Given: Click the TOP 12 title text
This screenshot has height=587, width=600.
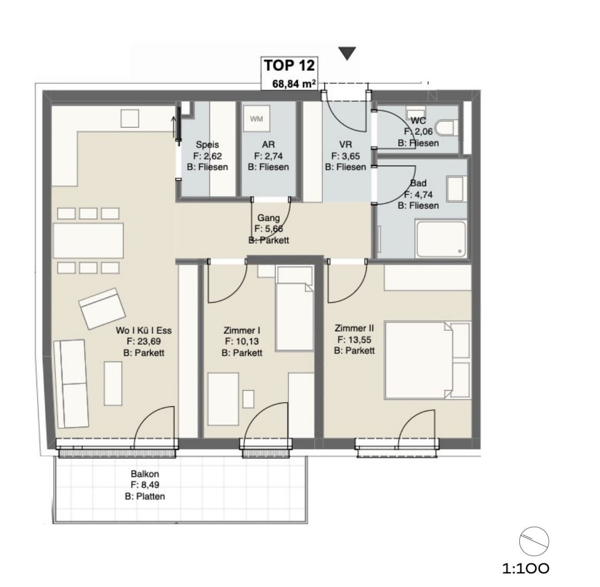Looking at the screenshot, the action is coord(289,66).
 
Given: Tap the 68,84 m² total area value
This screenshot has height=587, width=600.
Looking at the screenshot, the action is coord(294,83).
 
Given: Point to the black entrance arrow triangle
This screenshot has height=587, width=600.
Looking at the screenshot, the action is coord(347,53).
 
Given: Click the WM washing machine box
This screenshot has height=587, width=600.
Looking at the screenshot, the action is coord(256,119).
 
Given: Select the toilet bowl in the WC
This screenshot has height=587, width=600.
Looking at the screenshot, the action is coord(447,128).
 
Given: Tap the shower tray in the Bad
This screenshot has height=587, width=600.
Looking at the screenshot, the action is coord(441,239).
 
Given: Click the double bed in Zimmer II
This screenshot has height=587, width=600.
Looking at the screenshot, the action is coord(427,360).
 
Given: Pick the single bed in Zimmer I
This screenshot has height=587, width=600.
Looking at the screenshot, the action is coord(295,308).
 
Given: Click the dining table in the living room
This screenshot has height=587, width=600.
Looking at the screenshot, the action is coord(89,241).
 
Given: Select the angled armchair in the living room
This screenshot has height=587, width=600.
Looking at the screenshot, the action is coord(102,309).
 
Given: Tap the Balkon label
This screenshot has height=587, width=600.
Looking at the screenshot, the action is coord(145,474).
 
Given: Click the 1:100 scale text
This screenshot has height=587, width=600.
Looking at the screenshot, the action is coord(526,568).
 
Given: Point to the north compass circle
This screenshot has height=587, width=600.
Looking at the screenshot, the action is coord(534,541).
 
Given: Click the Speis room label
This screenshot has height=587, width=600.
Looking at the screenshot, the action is coord(207,145).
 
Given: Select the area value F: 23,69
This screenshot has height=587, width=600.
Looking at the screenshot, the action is coord(144,341).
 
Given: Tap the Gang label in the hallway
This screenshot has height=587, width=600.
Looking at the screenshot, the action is coord(268,218).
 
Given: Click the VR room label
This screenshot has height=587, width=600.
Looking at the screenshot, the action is coord(345,145).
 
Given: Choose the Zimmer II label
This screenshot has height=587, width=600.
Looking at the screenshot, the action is coord(354,328).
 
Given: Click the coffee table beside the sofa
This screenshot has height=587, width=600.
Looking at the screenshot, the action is coord(113,383).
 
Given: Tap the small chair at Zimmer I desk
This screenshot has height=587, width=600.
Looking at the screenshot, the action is coord(248,399).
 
